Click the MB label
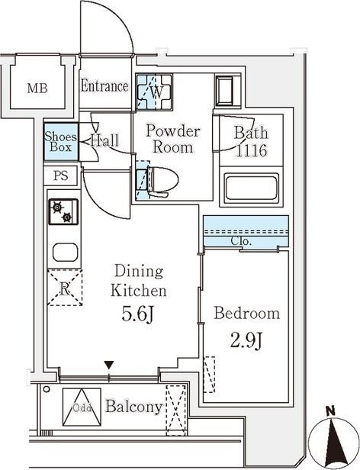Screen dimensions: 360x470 pos(37,89)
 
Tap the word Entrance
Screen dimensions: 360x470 pos(104,86)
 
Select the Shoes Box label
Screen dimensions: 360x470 pos(60,142)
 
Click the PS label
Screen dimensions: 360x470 pos(61,175)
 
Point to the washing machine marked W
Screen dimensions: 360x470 pos(154,92)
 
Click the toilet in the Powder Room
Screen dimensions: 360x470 pos(162,182)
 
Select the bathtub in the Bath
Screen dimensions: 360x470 pos(252,188)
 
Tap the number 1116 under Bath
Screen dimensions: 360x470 pos(252,150)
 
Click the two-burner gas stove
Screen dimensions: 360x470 pos(63,211)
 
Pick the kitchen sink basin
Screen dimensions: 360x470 pos(66,252)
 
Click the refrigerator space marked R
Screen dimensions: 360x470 pos(65,288)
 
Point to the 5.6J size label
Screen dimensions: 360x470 pos(137,314)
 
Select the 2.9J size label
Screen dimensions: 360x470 pos(246,341)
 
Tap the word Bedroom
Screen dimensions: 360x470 pos(247,314)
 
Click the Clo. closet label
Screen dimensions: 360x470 pos(241,240)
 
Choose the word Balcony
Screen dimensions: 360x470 pos(134,407)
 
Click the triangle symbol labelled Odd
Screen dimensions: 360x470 pos(82,407)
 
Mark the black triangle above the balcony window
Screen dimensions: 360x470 pos(109,365)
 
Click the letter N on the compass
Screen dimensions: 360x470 pos(330,410)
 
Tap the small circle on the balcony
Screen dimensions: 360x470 pos(47,389)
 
